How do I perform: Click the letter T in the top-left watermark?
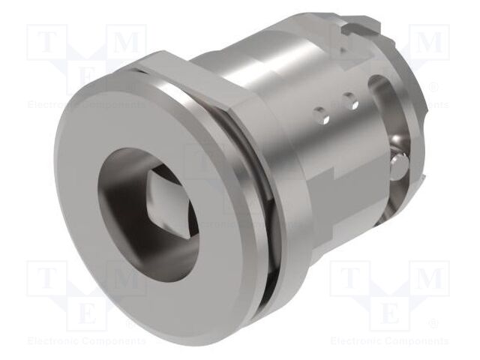pos(46,42)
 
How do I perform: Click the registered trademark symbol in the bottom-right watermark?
pos(434,325)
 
